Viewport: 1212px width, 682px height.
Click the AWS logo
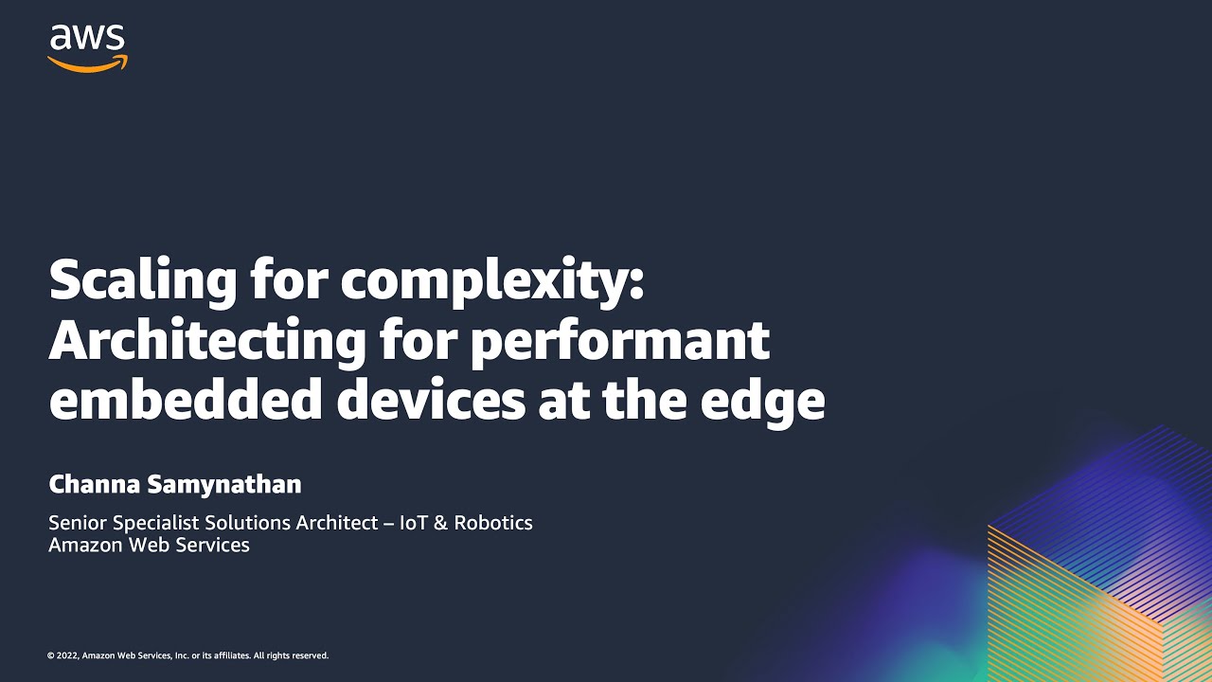(87, 47)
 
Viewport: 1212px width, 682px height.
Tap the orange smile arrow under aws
(87, 63)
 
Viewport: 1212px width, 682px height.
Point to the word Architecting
(206, 341)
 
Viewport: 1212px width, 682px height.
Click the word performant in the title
(619, 341)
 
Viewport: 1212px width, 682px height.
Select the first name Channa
(95, 485)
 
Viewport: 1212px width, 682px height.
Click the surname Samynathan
(225, 485)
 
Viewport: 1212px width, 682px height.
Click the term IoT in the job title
(414, 523)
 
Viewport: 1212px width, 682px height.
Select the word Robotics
(493, 523)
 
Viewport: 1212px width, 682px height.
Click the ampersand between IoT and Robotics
(440, 523)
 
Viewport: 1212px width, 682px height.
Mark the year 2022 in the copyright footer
(67, 655)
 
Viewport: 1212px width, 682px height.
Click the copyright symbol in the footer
(50, 655)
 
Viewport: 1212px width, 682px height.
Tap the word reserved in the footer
(310, 655)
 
